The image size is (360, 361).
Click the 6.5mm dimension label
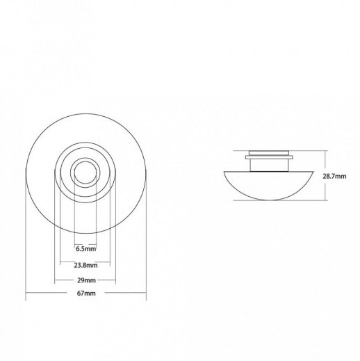[x=85, y=249]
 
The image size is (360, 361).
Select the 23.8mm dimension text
[x=85, y=265]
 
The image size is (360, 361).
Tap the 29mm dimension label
[x=86, y=280]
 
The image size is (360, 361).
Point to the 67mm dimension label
[x=86, y=294]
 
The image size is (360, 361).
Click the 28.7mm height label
[x=334, y=176]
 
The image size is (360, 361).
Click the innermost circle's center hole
[x=85, y=172]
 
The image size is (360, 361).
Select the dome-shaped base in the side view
[x=268, y=185]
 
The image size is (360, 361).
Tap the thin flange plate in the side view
[x=269, y=157]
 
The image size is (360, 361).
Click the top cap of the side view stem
[x=269, y=153]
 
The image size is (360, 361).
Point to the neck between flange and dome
[x=269, y=166]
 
